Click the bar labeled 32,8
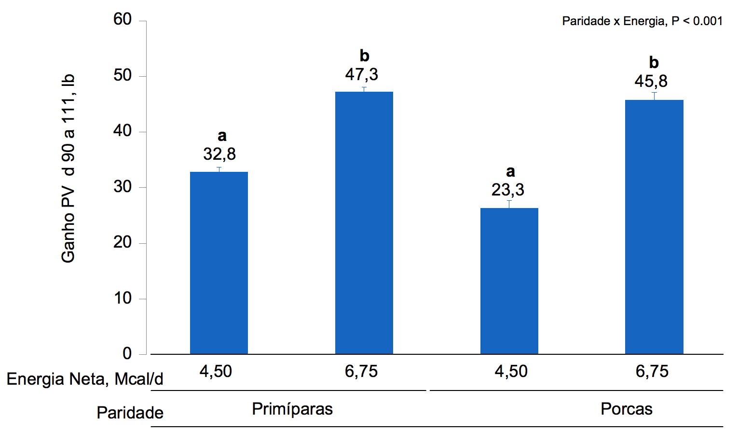(219, 263)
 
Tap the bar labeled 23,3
(509, 281)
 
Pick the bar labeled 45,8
(654, 227)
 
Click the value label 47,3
(361, 75)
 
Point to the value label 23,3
(507, 190)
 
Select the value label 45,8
(651, 82)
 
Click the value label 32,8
(219, 154)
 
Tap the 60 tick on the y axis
(123, 20)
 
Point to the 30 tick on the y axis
(123, 187)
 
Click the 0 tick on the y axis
(127, 354)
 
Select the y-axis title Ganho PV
(68, 169)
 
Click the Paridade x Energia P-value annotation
(642, 21)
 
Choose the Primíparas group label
(292, 409)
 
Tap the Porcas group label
(626, 409)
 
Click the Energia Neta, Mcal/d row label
(85, 379)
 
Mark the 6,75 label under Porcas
(652, 372)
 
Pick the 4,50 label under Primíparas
(216, 372)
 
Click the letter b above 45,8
(654, 63)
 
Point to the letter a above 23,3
(510, 172)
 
